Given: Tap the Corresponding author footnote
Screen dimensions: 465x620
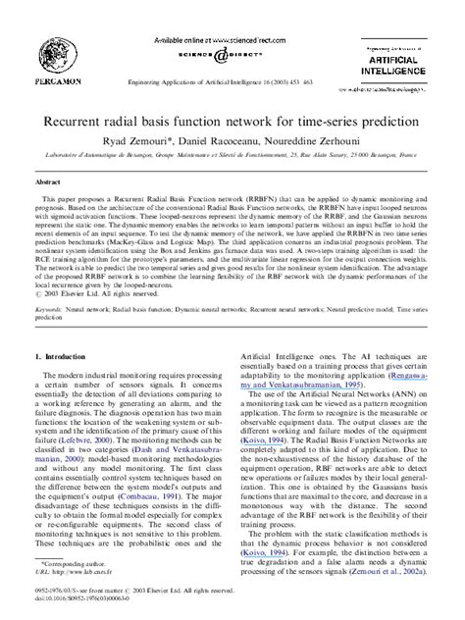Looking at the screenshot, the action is [x=69, y=578].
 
